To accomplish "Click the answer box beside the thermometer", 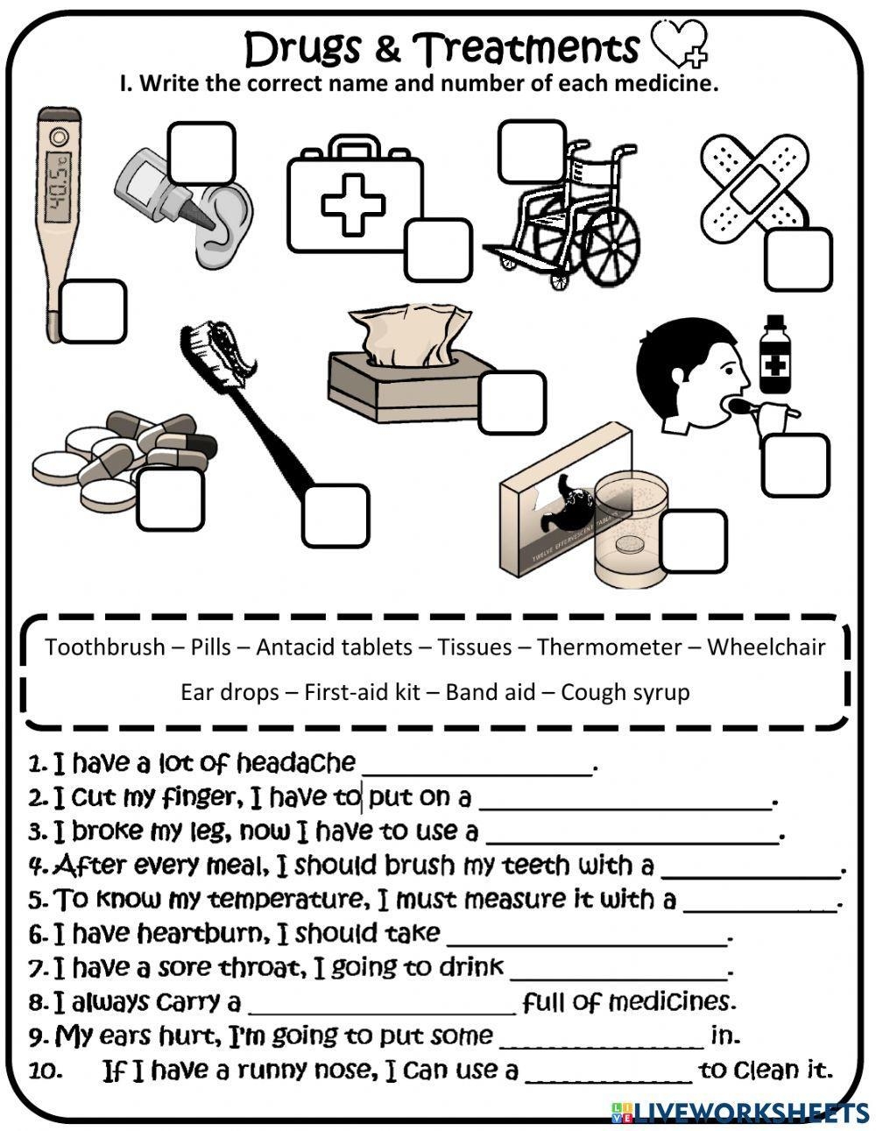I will [x=93, y=311].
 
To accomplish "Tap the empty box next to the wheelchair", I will [x=532, y=151].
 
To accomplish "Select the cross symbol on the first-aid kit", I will [x=353, y=204].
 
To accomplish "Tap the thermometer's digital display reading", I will [x=58, y=180].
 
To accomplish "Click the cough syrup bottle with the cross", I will [x=773, y=355].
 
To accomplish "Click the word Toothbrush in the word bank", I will [x=104, y=647].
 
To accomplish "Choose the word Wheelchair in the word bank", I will [x=766, y=647].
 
